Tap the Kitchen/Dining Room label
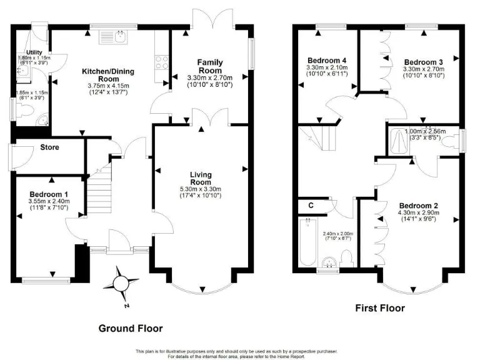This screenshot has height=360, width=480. click(x=109, y=75)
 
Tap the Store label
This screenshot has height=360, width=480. click(x=49, y=148)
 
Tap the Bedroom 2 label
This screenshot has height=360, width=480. click(x=418, y=206)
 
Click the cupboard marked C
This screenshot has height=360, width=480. click(x=311, y=205)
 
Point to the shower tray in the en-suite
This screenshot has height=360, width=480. click(x=398, y=142)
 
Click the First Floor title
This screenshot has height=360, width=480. click(x=379, y=308)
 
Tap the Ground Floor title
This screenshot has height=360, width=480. click(x=131, y=328)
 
